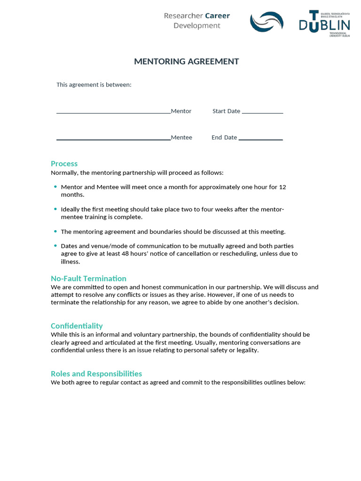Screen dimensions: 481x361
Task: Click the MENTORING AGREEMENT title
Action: point(187,62)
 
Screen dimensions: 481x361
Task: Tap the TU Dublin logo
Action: point(324,23)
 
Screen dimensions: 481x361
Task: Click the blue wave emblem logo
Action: point(267,22)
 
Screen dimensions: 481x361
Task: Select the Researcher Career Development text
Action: point(196,21)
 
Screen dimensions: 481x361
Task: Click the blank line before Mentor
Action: point(113,112)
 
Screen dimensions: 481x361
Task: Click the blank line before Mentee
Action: point(113,139)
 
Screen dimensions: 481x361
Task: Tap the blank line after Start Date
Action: point(262,112)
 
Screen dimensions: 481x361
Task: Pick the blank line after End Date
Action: point(260,139)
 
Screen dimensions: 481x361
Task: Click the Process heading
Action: point(64,163)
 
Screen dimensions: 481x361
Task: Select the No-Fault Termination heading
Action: point(88,278)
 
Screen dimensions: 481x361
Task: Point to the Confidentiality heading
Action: point(77,326)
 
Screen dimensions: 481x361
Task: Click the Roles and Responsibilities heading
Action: point(96,373)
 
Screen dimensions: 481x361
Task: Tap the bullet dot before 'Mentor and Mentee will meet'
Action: point(55,186)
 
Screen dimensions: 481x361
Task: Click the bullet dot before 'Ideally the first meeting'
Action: point(55,209)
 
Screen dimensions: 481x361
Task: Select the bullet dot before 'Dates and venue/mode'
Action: point(55,245)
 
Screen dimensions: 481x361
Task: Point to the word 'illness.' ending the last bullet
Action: point(71,262)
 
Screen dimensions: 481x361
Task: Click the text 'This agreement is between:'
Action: point(94,85)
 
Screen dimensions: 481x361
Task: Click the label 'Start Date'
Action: point(226,111)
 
